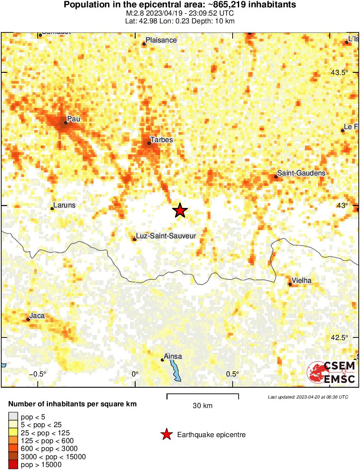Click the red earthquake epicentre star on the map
(x=180, y=211)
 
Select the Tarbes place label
(x=161, y=139)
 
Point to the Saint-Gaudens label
(x=301, y=173)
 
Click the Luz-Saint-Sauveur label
(x=166, y=236)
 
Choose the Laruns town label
(x=64, y=205)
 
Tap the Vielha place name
(x=302, y=280)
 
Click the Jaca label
(x=37, y=316)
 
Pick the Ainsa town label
(x=173, y=357)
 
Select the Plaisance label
(x=161, y=40)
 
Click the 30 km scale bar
(x=203, y=395)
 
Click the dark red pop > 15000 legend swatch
(x=13, y=465)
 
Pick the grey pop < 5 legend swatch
(x=13, y=417)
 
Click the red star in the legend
(x=165, y=434)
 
